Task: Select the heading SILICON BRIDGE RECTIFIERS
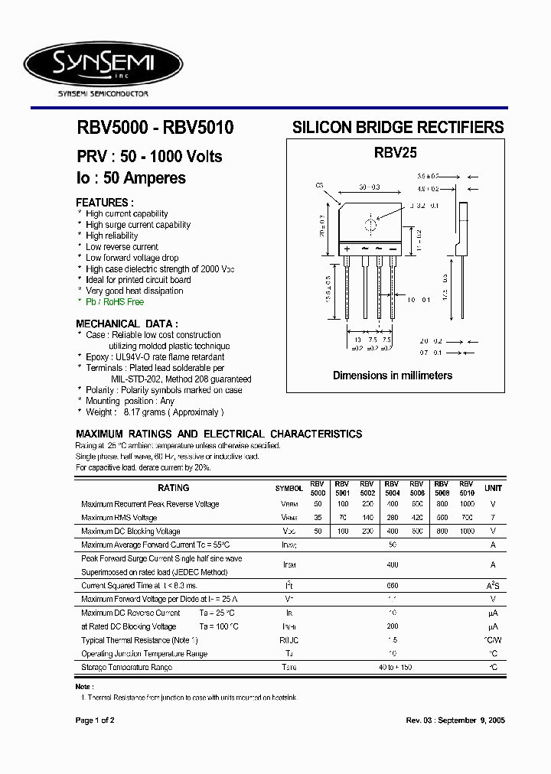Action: [x=398, y=128]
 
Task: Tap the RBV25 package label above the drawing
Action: [x=395, y=152]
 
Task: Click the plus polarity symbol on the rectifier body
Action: [x=347, y=249]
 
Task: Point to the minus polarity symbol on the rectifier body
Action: [x=392, y=249]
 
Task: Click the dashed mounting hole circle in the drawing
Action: [x=371, y=224]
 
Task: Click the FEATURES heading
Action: [x=105, y=202]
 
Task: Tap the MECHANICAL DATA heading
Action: [x=127, y=324]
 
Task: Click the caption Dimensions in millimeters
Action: [x=392, y=376]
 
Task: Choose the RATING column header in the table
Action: [x=174, y=487]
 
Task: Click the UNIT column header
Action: [x=494, y=488]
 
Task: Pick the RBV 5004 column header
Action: [x=392, y=488]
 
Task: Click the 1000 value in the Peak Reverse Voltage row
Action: [x=467, y=504]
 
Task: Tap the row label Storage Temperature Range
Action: [x=126, y=668]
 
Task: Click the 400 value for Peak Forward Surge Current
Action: [x=393, y=564]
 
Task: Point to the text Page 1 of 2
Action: [x=95, y=720]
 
